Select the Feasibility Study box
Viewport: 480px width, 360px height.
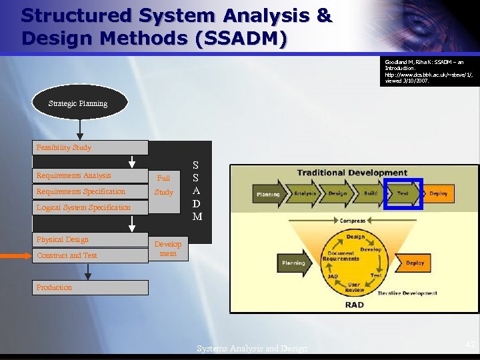[x=90, y=147]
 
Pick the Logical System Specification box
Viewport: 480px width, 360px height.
[x=90, y=207]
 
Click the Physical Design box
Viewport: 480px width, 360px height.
[x=90, y=239]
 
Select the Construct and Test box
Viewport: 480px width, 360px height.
[x=90, y=255]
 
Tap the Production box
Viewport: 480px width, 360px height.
[x=90, y=287]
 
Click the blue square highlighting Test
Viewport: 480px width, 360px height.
[x=403, y=193]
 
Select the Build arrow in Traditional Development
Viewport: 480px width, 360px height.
[x=370, y=193]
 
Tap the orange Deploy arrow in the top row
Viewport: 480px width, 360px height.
[x=438, y=193]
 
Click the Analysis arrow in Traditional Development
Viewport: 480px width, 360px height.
[x=305, y=193]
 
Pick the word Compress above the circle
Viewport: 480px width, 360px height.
[x=353, y=221]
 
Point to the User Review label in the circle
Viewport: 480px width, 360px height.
[x=354, y=287]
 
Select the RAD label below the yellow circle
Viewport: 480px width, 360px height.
[x=354, y=305]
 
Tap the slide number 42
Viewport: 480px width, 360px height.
[x=471, y=345]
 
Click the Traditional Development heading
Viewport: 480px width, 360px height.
[x=352, y=173]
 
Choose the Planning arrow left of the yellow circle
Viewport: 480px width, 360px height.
[x=293, y=263]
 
